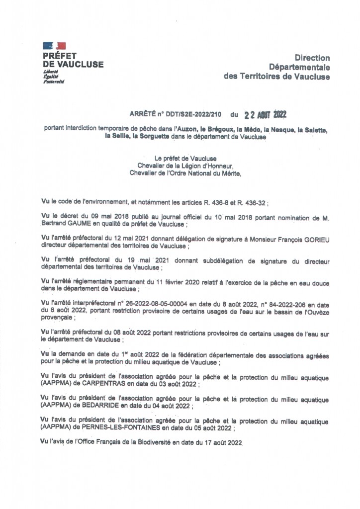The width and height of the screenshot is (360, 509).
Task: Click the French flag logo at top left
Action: [x=54, y=46]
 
